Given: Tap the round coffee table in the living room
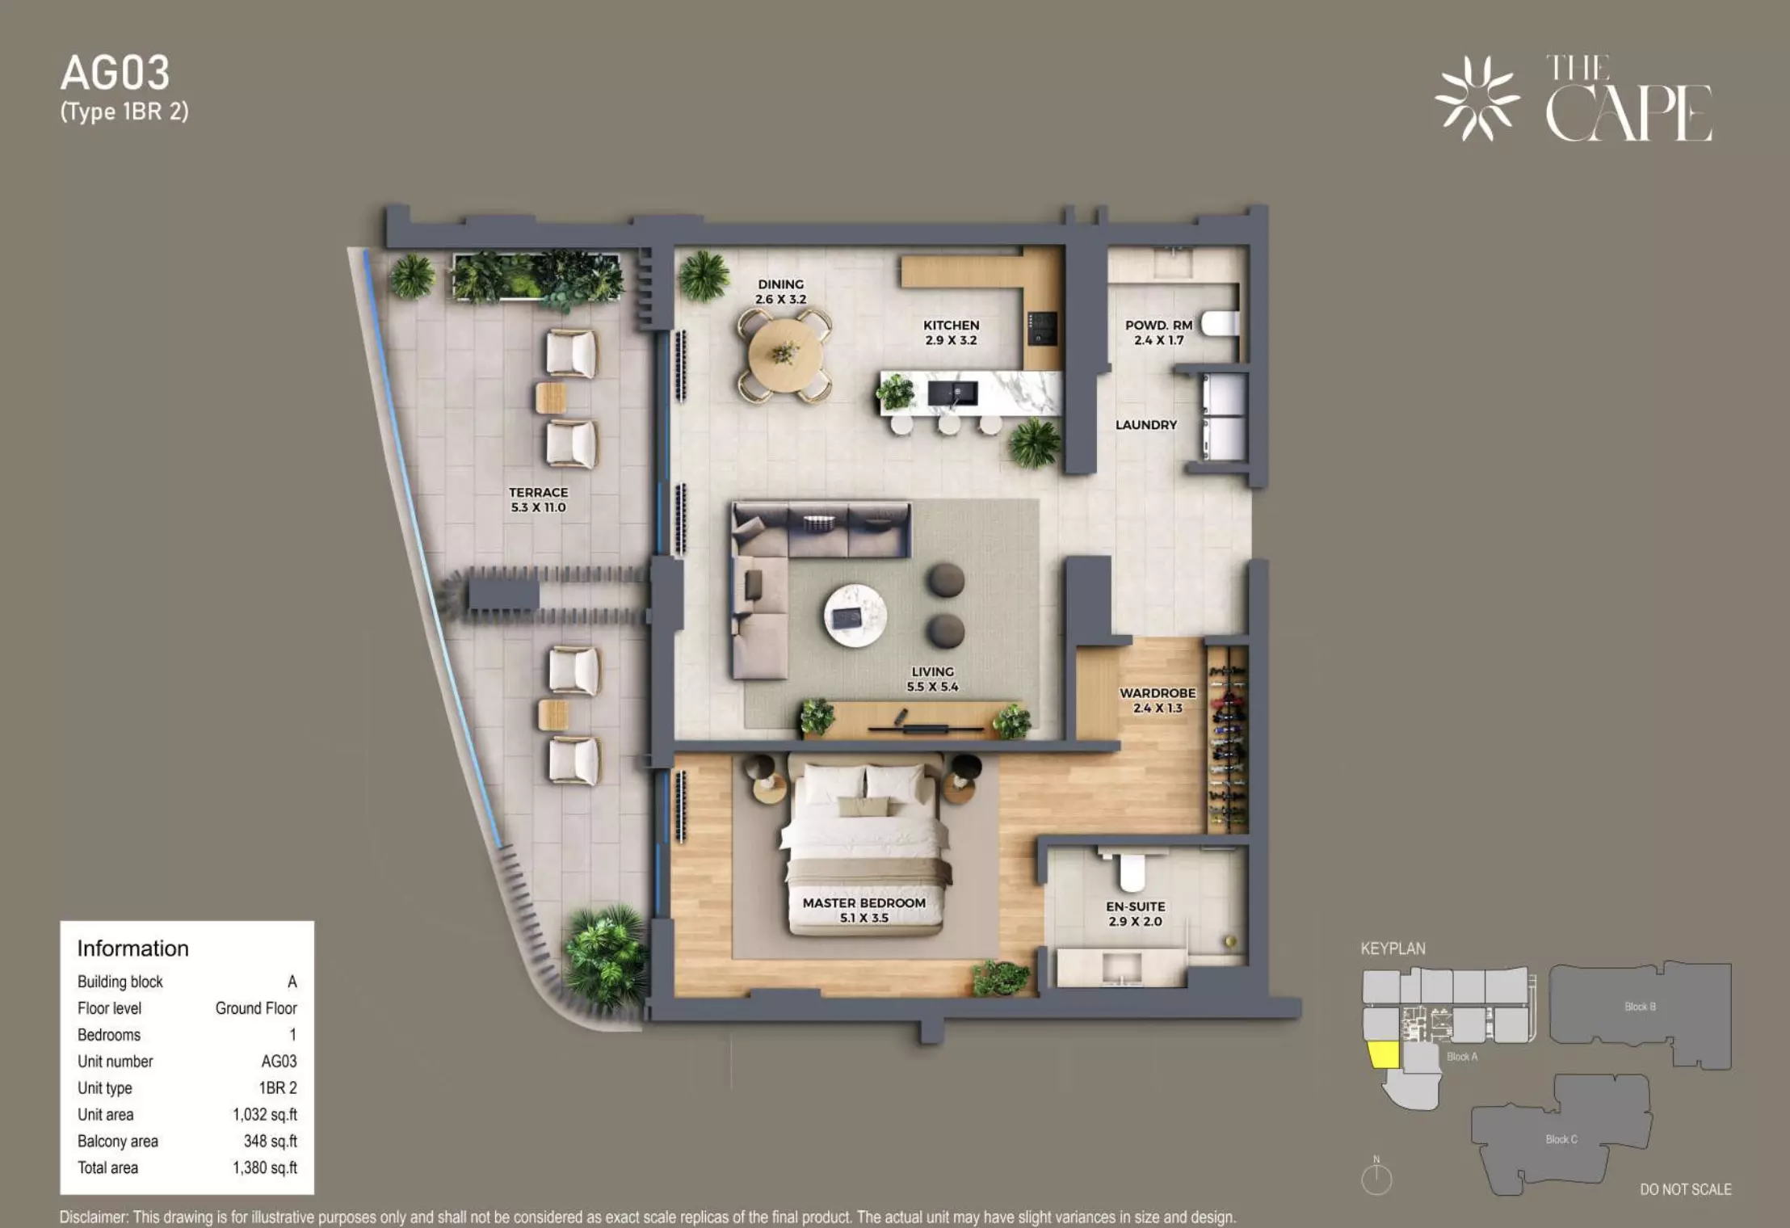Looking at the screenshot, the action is pos(855,616).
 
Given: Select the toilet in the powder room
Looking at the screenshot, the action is pos(1219,324).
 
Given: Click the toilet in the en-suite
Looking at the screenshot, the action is pos(1132,869).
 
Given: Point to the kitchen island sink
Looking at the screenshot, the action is pos(952,393).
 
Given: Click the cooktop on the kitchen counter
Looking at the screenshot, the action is pos(1041,329).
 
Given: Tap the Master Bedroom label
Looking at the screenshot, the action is pos(863,902).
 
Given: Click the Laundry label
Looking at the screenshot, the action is pos(1145,425).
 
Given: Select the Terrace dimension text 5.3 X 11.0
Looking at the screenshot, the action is pos(538,507).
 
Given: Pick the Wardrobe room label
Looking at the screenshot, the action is pos(1157,693).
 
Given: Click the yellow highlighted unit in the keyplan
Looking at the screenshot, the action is pos(1384,1055).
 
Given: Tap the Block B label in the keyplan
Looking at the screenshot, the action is pos(1640,1007).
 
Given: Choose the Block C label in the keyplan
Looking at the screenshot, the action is pos(1561,1139).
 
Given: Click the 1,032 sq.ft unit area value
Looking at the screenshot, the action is pos(265,1115).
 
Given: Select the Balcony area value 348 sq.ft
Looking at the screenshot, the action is pos(271,1142).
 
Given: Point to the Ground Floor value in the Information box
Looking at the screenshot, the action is pos(256,1008).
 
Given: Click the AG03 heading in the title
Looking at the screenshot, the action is pos(116,74).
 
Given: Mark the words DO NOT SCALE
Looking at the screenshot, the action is pos(1686,1189).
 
